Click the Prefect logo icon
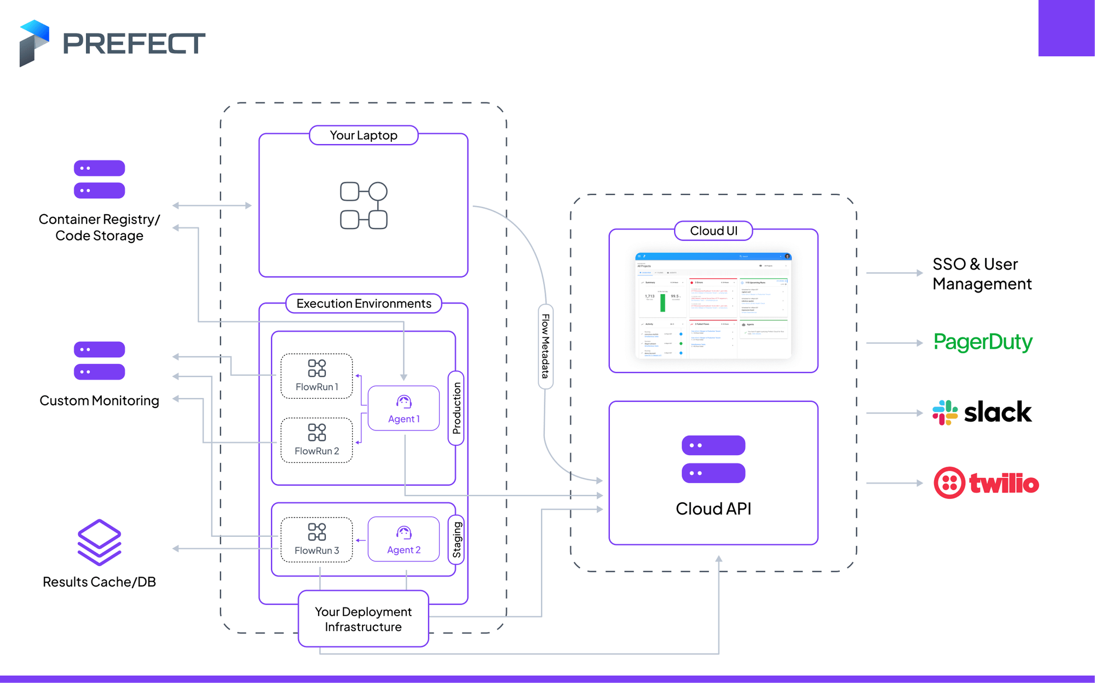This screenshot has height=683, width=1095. (x=34, y=43)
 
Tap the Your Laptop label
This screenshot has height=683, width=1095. (x=364, y=135)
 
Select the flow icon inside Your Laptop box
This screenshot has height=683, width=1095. (x=364, y=205)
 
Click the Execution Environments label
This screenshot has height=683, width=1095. (x=364, y=303)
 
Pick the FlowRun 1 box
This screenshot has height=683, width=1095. (x=316, y=376)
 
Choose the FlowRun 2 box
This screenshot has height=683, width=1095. (x=316, y=440)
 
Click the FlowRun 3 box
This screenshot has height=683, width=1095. (x=316, y=539)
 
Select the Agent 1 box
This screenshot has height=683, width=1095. (x=404, y=409)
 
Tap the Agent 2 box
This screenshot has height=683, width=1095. (x=404, y=539)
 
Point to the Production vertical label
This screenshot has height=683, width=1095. (x=457, y=408)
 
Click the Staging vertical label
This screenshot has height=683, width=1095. (x=457, y=539)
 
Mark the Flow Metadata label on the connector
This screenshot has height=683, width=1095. (x=545, y=346)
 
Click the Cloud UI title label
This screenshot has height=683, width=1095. (x=713, y=231)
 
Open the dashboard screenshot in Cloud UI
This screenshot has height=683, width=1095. (x=713, y=306)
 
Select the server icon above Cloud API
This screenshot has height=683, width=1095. (x=713, y=459)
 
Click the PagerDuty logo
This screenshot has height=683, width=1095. (x=983, y=342)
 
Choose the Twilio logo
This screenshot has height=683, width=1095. (x=986, y=483)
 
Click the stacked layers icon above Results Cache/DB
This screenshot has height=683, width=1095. (x=99, y=542)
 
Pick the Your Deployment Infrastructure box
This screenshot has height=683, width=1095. (x=363, y=619)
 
